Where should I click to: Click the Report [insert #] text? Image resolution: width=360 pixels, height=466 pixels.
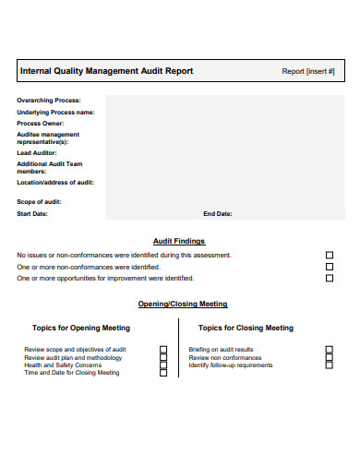point(307,71)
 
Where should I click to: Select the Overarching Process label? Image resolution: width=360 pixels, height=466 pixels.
point(48,100)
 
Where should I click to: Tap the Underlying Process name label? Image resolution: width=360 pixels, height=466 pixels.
point(56,112)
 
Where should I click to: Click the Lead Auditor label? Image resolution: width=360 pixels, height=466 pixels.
point(38,153)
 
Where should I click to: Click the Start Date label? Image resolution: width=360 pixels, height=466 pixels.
point(32,213)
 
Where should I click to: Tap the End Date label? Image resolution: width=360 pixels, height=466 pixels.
point(218,213)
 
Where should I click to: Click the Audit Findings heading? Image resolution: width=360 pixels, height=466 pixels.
point(179,241)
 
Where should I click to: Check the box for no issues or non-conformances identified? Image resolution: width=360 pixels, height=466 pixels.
point(330,255)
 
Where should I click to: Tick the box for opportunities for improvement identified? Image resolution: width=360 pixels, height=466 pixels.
point(330,278)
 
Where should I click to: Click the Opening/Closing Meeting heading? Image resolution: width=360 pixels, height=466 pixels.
point(183,304)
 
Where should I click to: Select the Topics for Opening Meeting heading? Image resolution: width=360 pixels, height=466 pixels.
point(81,328)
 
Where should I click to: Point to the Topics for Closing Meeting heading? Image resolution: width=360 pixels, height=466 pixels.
point(246,328)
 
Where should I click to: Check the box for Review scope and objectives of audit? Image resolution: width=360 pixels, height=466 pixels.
point(163,350)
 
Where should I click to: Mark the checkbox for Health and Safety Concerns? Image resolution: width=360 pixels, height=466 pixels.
point(163,365)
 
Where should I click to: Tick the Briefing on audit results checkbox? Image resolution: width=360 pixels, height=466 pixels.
point(329,350)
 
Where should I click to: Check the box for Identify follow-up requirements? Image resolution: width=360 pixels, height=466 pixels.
point(329,365)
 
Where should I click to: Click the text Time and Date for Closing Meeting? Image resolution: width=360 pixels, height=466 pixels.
point(72,373)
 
